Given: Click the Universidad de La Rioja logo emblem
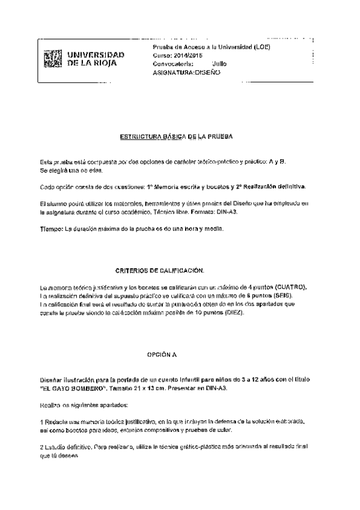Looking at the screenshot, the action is click(x=53, y=58).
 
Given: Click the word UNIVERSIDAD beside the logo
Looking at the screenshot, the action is click(x=96, y=55).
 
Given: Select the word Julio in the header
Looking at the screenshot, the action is click(x=220, y=63).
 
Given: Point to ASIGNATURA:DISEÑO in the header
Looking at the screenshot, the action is click(x=187, y=72).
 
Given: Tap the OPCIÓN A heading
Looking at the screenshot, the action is click(x=162, y=355).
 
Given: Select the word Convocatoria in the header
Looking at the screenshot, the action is click(x=172, y=63).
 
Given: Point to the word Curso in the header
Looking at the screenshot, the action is click(x=162, y=55).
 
